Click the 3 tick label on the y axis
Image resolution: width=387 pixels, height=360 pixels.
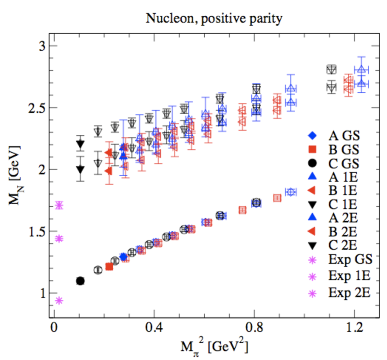click(x=42, y=46)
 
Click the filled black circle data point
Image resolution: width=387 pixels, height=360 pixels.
click(x=80, y=281)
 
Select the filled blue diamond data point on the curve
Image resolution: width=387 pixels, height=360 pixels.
click(x=124, y=256)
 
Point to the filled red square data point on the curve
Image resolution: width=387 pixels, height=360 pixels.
click(x=109, y=267)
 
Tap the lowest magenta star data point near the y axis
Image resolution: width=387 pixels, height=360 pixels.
click(x=59, y=300)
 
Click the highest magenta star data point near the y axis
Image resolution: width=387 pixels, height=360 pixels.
click(x=59, y=205)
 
